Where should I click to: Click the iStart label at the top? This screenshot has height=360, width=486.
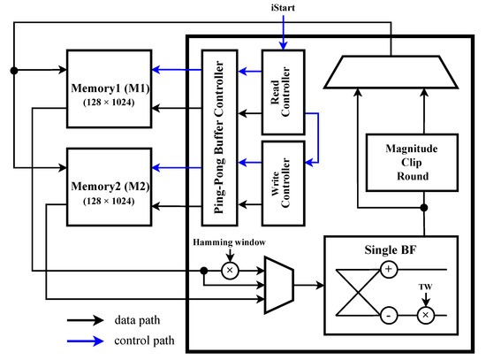282,9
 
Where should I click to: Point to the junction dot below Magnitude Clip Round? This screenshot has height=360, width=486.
426,209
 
